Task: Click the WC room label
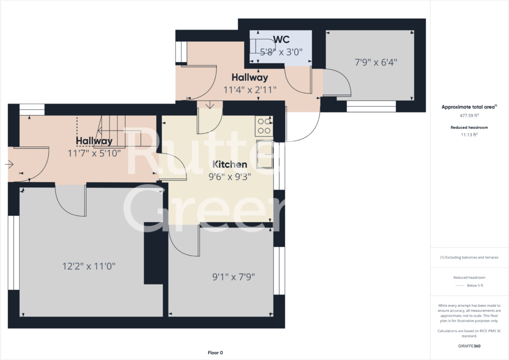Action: [281, 39]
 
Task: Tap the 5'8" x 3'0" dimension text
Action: [281, 51]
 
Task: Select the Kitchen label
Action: [229, 164]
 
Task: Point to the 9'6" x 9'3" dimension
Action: [229, 177]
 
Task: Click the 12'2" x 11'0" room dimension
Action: [89, 266]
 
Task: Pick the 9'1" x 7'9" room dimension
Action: [233, 277]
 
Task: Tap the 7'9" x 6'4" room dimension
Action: [376, 62]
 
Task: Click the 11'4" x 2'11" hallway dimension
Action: [249, 89]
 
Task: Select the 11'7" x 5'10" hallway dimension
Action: [94, 153]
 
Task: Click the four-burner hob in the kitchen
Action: [264, 126]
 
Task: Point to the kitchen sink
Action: [264, 154]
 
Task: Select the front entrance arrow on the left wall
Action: [9, 164]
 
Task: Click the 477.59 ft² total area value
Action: [469, 115]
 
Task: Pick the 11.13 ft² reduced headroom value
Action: [469, 134]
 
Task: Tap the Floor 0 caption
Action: [215, 353]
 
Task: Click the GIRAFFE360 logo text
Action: [469, 346]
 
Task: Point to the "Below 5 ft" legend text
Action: [475, 285]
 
